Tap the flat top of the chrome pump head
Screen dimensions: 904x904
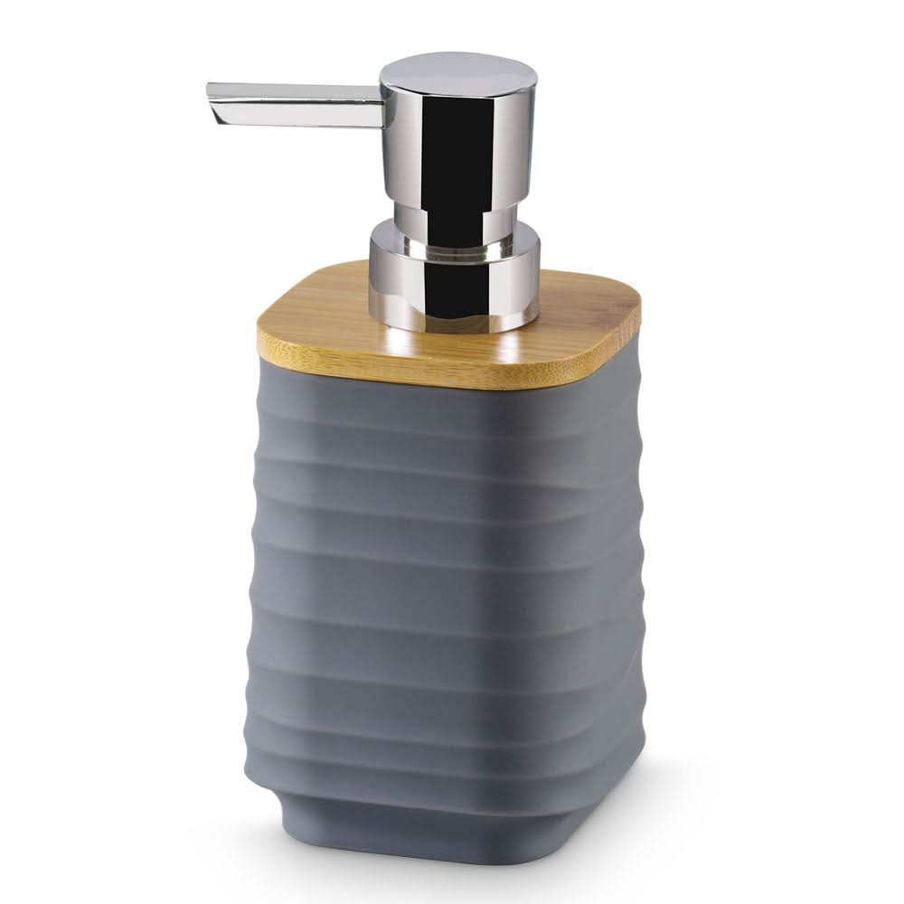pos(457,72)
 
